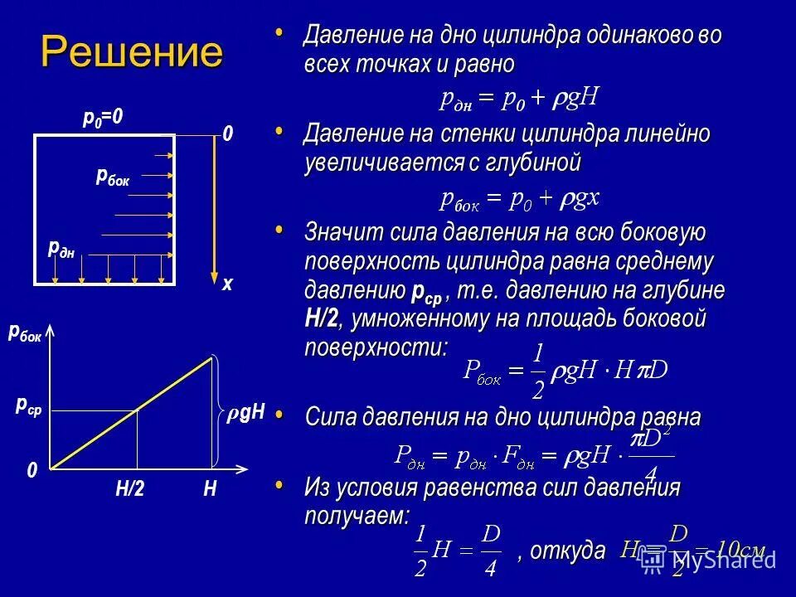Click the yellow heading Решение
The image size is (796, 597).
[x=132, y=53]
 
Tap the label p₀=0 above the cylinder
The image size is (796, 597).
[x=103, y=119]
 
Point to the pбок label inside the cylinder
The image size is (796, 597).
[x=113, y=176]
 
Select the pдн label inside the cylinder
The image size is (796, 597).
[x=61, y=248]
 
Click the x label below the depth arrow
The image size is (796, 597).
[x=227, y=284]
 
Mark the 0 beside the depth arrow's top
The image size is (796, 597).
[x=226, y=134]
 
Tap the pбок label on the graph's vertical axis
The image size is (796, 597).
[x=25, y=332]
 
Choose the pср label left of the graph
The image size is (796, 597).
[x=29, y=405]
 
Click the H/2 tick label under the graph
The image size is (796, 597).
[x=130, y=489]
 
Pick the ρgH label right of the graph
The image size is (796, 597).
[x=246, y=412]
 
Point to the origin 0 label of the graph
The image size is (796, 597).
[x=32, y=470]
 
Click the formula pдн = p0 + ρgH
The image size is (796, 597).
[x=519, y=99]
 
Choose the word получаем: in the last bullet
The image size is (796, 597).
[x=357, y=516]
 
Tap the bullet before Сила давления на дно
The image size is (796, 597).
[x=279, y=412]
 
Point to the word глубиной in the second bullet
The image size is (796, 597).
[x=536, y=163]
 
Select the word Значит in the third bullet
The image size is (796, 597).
[x=341, y=232]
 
